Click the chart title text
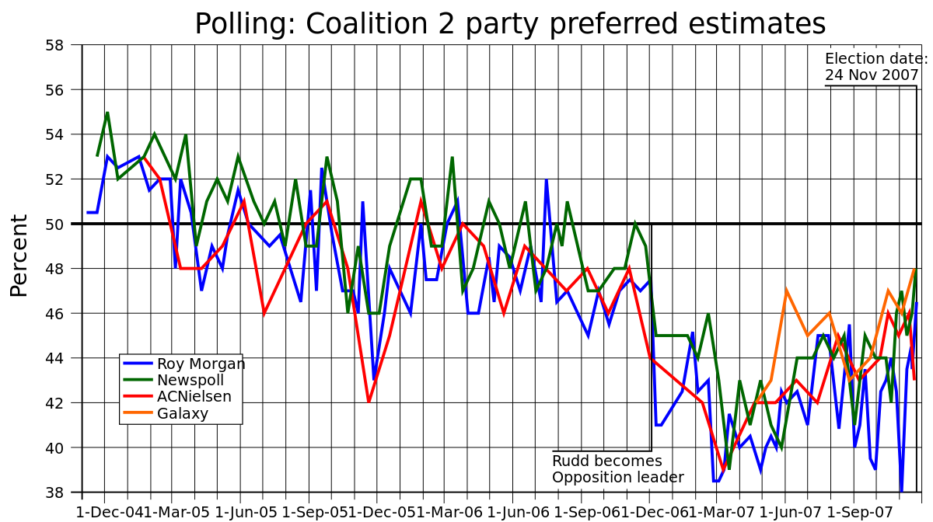[x=509, y=24]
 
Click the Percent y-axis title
[x=19, y=255]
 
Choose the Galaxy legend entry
[x=183, y=413]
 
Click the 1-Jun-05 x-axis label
[x=246, y=513]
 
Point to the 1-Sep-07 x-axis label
[x=858, y=513]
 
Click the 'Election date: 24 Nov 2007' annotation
[x=875, y=68]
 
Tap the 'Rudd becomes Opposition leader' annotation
[x=617, y=469]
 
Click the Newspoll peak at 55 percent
[x=107, y=113]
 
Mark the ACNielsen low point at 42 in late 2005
[x=369, y=402]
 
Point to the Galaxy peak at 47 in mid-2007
[x=786, y=291]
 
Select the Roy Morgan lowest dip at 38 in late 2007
[x=901, y=491]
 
